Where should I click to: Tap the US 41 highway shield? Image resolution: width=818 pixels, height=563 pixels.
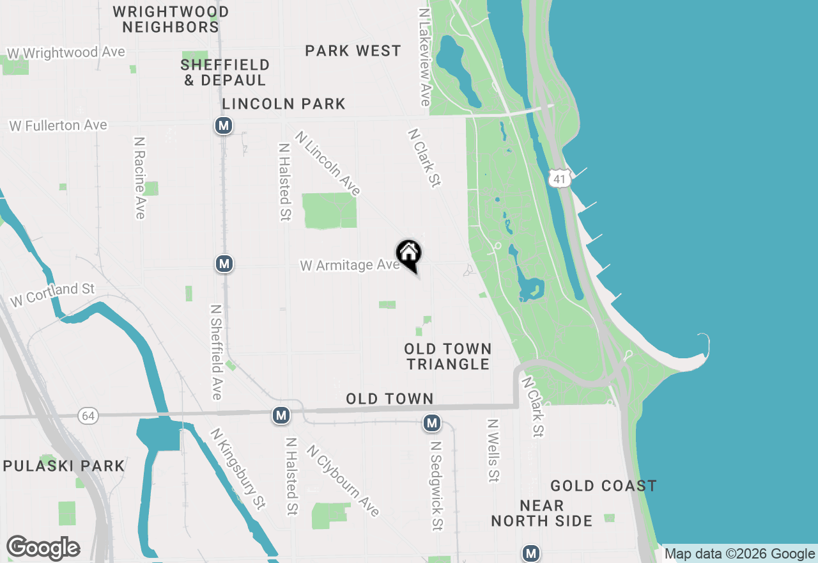coord(560,179)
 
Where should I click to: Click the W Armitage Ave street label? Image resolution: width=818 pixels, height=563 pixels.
coord(350,265)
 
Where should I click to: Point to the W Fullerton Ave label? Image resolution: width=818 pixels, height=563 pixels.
coord(58,125)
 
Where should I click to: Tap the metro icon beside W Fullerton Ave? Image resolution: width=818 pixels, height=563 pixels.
coord(224,125)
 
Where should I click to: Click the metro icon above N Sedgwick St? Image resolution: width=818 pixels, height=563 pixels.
coord(432,423)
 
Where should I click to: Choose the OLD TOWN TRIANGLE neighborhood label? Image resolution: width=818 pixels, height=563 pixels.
coord(448,356)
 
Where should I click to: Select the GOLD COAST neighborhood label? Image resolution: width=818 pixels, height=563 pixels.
coord(603,486)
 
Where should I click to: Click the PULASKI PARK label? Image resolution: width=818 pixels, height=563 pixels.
coord(64,466)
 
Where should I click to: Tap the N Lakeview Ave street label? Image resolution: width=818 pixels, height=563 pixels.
coord(424,57)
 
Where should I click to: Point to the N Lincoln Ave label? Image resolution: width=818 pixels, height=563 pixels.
coord(328,163)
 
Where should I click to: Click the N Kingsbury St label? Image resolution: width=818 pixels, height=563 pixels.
coord(237,468)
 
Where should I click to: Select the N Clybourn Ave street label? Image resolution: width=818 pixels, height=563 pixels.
coord(343,480)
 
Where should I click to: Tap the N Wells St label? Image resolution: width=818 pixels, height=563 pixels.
coord(493,450)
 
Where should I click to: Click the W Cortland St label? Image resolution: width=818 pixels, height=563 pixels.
coord(52,295)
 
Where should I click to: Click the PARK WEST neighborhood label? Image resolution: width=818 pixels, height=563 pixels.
coord(353,51)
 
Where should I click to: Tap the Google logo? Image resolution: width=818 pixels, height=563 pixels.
coord(43,548)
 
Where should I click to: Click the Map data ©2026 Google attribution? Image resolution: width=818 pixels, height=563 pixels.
coord(739,554)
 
